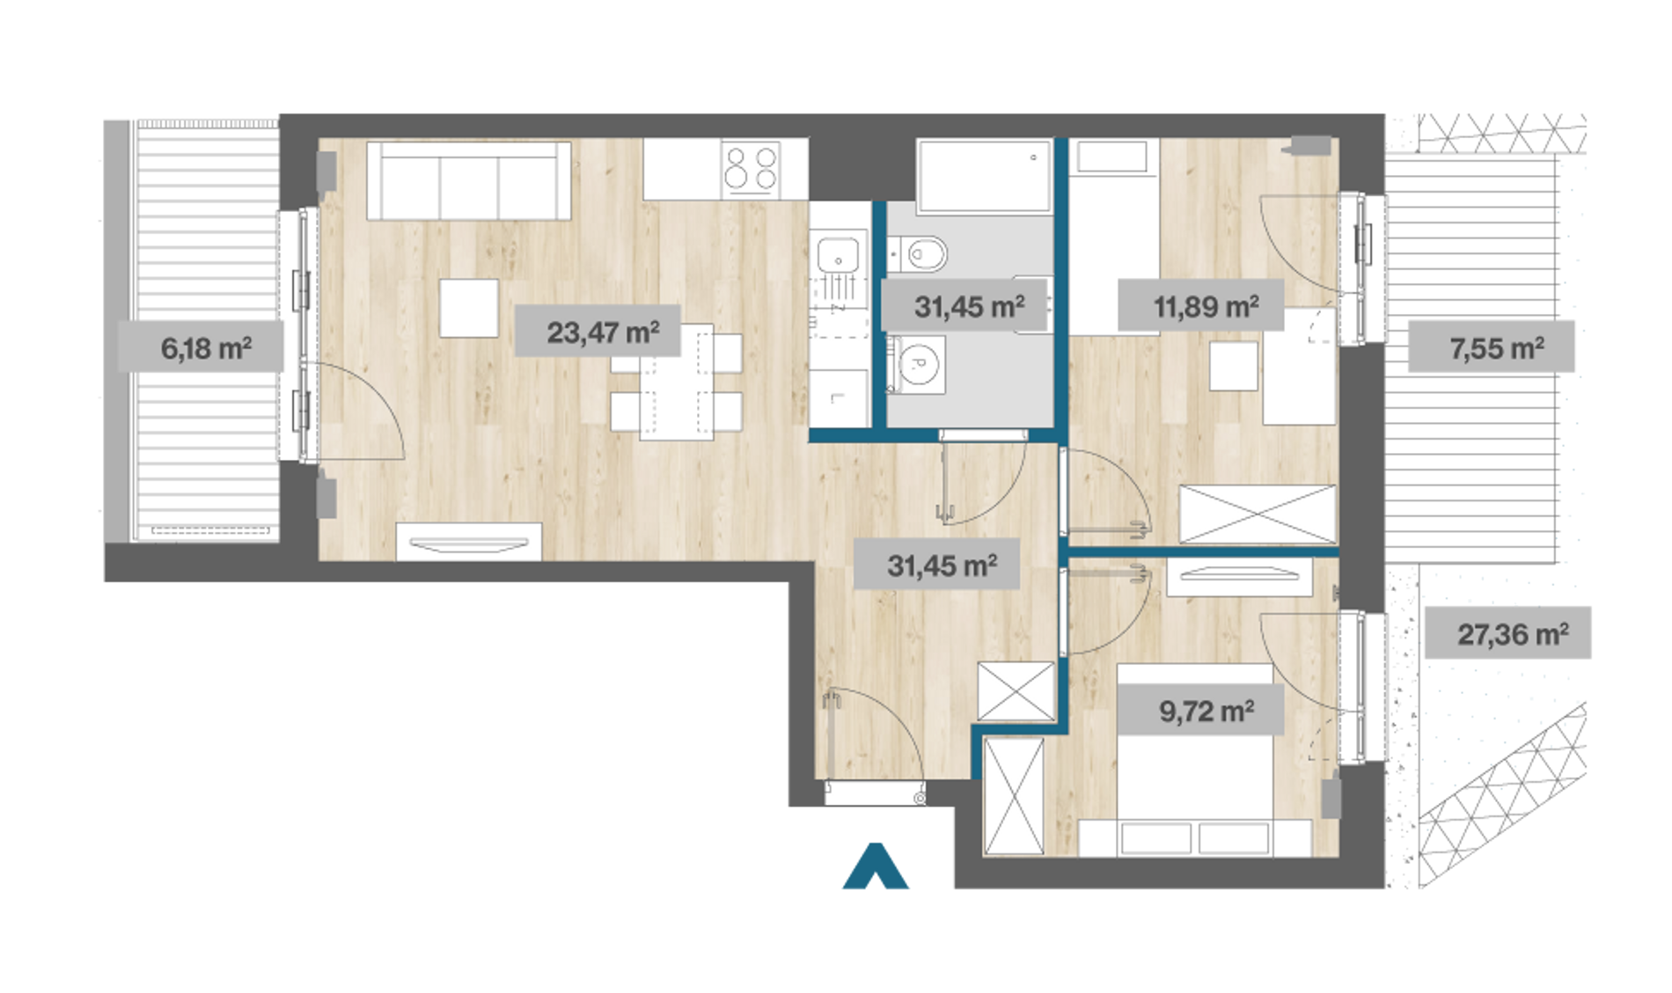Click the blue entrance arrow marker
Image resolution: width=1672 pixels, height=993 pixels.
tap(876, 866)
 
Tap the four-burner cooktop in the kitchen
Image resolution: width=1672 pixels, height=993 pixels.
tap(751, 169)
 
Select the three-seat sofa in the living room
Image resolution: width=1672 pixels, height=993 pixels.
tap(469, 180)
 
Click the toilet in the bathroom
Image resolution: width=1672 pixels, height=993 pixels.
tap(918, 255)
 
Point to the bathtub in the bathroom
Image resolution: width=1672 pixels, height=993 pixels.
tap(985, 176)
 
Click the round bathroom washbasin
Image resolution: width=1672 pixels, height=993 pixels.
tap(917, 363)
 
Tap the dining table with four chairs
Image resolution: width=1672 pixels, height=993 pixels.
tap(676, 382)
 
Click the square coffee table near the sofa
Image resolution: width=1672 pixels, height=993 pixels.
tap(469, 308)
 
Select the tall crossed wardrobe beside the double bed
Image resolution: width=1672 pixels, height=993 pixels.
tap(1014, 796)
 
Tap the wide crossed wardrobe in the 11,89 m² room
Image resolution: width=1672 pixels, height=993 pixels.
tap(1258, 514)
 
